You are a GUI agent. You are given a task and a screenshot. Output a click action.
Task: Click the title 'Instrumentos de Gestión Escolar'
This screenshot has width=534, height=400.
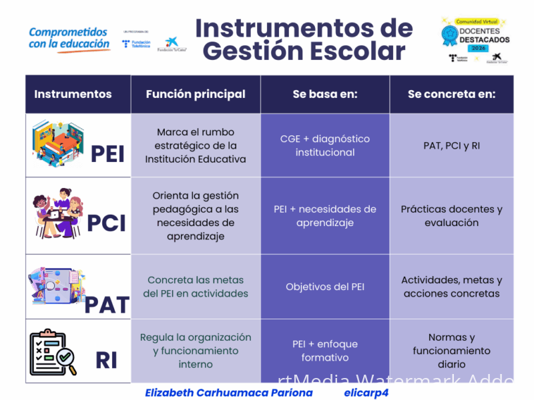[304, 39]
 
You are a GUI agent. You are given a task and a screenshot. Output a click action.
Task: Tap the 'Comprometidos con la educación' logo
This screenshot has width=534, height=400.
[69, 38]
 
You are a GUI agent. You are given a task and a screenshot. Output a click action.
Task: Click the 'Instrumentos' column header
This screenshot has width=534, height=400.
[73, 94]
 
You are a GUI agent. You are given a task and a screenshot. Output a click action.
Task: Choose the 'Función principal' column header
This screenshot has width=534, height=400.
[196, 94]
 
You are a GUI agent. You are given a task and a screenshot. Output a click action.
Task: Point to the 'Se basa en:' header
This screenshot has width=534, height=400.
[325, 94]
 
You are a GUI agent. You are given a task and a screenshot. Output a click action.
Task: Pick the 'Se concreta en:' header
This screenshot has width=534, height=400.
[452, 94]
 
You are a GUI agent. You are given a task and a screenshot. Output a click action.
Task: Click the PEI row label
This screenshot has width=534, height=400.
[107, 154]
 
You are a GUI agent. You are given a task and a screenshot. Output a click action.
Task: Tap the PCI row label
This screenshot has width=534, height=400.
[106, 223]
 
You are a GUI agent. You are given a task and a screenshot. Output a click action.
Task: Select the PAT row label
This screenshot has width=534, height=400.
[107, 305]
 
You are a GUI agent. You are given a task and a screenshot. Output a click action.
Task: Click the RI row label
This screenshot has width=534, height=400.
[107, 360]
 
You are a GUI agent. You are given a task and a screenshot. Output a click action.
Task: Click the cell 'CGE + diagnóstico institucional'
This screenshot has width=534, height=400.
[325, 145]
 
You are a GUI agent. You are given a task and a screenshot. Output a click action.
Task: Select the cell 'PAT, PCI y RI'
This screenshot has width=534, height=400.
[452, 145]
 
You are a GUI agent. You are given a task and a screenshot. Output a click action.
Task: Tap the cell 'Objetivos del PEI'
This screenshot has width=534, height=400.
[325, 287]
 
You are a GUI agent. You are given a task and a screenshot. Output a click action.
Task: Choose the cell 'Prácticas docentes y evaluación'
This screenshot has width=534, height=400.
[452, 216]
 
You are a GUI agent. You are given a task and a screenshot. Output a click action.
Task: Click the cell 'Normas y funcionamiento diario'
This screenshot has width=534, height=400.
[452, 351]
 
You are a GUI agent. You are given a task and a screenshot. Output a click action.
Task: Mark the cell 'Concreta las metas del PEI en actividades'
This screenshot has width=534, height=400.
[196, 287]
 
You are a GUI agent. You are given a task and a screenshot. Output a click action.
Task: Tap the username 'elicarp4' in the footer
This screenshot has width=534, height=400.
[366, 393]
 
